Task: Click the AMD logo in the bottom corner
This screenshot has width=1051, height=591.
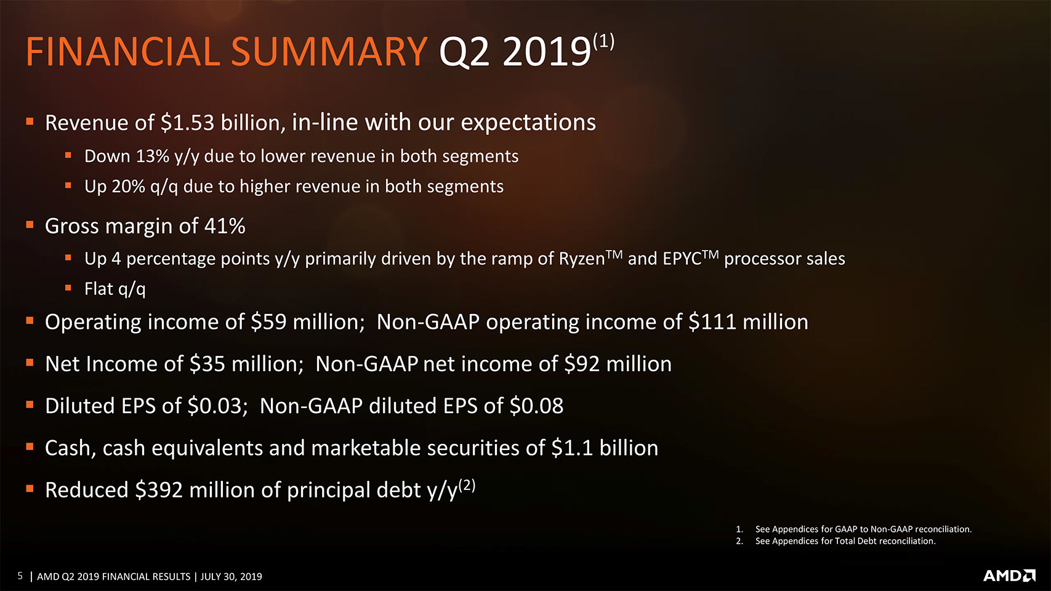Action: click(1009, 576)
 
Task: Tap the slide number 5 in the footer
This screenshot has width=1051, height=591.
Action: click(20, 576)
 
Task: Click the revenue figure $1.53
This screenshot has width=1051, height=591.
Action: click(187, 123)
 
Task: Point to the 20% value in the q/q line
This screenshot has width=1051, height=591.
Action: click(129, 187)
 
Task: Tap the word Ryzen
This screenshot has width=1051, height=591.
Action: click(582, 259)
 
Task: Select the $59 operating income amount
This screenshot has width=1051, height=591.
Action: click(268, 322)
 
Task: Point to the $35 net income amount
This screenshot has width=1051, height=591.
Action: click(207, 364)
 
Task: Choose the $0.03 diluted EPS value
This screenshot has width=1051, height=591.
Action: click(214, 406)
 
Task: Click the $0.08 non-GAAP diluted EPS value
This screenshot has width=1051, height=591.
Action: click(536, 406)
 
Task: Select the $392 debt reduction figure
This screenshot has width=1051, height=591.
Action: click(159, 490)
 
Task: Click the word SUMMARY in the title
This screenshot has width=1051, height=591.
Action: click(329, 52)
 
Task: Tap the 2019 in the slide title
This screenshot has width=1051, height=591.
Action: click(546, 52)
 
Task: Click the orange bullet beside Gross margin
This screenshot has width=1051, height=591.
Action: click(30, 225)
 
